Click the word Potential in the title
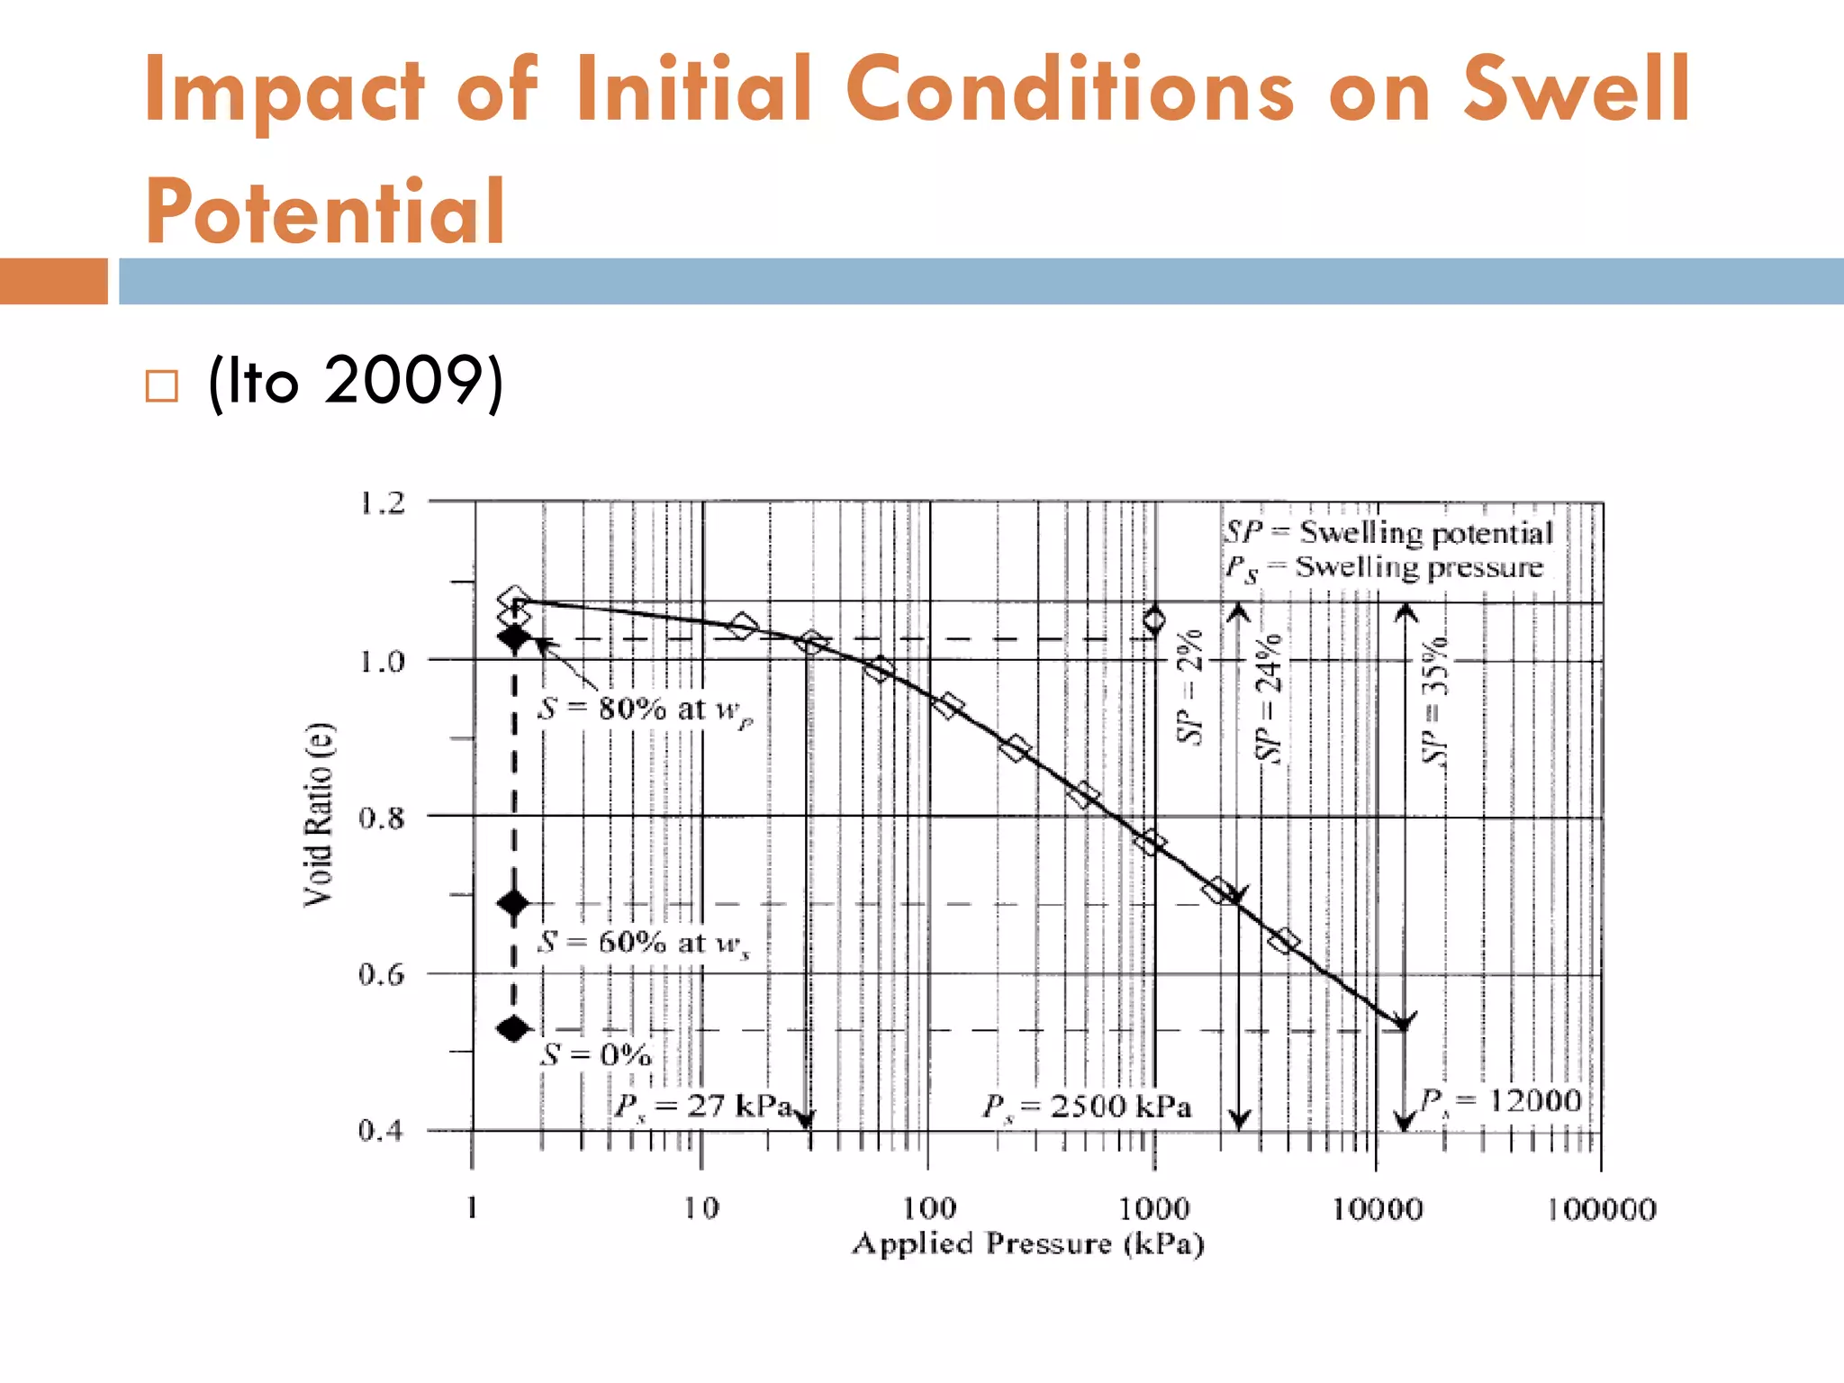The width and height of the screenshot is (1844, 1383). click(x=324, y=212)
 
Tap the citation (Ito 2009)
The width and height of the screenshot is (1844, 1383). click(x=355, y=381)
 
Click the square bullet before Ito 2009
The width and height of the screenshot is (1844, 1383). click(x=162, y=386)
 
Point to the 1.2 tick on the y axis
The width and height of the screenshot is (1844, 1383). click(x=383, y=502)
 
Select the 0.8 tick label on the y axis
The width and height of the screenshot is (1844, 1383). click(x=382, y=818)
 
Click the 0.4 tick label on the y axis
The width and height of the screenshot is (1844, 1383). click(x=382, y=1130)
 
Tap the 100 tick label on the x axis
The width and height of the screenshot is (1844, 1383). click(x=929, y=1207)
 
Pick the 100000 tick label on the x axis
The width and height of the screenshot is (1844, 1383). click(x=1602, y=1209)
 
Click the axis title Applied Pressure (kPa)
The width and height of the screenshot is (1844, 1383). click(x=1028, y=1243)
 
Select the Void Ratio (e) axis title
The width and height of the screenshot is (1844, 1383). click(x=319, y=815)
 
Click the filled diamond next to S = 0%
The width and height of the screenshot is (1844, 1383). click(x=514, y=1028)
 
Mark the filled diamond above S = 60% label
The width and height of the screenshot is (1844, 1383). click(x=514, y=902)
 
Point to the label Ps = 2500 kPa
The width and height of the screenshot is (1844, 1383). click(x=1087, y=1107)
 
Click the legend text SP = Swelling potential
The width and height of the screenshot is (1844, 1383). click(x=1388, y=532)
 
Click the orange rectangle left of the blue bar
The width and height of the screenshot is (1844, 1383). click(x=53, y=281)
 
